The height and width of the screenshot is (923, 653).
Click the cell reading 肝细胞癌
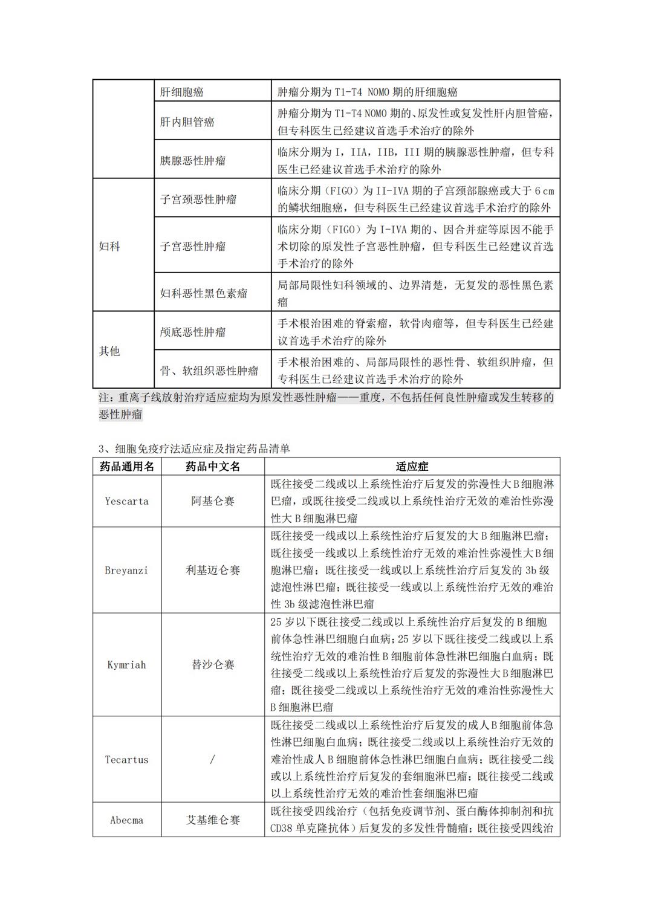point(181,92)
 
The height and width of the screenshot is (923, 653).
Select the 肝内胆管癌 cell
point(187,122)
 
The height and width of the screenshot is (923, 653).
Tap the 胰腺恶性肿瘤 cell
point(192,161)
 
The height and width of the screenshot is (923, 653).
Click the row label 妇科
point(109,247)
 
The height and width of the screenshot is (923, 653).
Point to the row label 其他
point(109,351)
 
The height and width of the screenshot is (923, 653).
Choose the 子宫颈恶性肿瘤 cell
point(198,199)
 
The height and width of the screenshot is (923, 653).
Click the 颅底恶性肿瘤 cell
point(192,332)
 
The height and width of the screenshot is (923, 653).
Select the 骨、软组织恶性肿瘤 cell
point(209,371)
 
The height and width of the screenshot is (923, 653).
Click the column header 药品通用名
point(127,467)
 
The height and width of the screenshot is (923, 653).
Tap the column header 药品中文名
point(213,467)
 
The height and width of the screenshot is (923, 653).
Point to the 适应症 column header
point(412,467)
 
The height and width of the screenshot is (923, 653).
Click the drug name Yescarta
point(126,501)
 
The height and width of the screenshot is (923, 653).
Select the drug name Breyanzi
point(126,570)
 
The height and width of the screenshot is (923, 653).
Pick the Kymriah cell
point(126,665)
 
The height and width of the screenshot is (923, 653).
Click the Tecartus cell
point(126,760)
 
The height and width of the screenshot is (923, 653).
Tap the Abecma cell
point(126,820)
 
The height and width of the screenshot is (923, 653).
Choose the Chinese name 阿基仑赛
point(213,501)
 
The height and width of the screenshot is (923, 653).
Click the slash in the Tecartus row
point(212,760)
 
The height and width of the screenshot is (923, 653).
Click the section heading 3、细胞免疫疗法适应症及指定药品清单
point(194,449)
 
